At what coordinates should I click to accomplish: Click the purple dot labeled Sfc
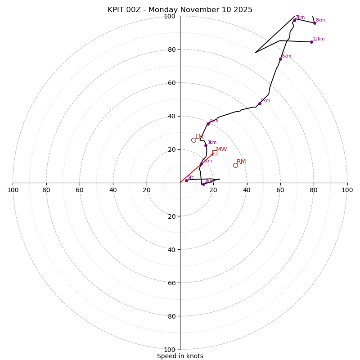pos(186,180)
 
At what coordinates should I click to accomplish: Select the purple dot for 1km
pos(203,184)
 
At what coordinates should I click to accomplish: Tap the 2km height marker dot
pos(201,164)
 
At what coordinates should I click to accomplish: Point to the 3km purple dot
pos(206,145)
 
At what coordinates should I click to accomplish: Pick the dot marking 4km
pos(208,124)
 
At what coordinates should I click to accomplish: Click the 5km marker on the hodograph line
pos(260,103)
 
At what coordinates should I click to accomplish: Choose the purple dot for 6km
pos(280,59)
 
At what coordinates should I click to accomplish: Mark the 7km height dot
pos(295,20)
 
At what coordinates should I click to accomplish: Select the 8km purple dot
pos(315,23)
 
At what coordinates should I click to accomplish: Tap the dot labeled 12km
pos(311,42)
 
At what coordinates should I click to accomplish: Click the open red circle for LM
pos(193,140)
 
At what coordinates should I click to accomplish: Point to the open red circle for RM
pos(235,165)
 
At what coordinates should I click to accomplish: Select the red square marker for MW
pos(215,153)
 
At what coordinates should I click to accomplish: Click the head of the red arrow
pos(213,154)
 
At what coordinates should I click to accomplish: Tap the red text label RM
pos(241,162)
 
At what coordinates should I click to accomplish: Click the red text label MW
pos(221,149)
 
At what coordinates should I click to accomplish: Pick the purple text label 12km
pos(319,39)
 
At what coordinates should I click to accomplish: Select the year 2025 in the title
pos(243,10)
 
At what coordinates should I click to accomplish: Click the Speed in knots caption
pos(180,356)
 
